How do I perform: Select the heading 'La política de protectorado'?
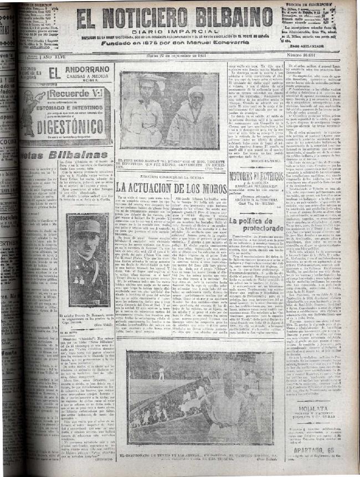point(256,224)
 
